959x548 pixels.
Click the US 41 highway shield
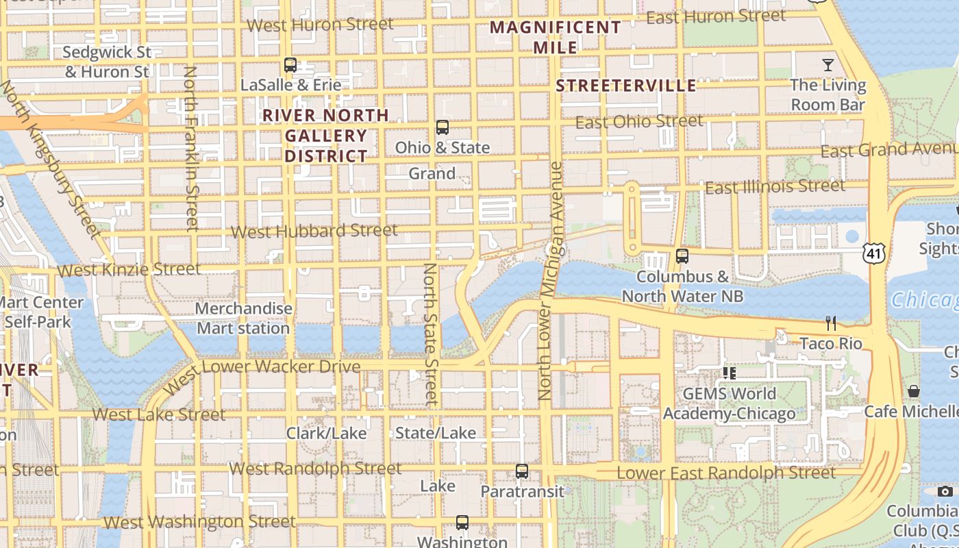[x=873, y=253]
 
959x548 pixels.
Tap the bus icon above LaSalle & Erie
[x=290, y=66]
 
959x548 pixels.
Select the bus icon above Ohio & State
[x=443, y=127]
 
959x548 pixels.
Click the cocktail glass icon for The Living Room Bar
[x=828, y=65]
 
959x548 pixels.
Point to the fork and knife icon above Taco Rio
[x=831, y=323]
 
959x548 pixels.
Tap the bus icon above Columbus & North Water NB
[x=682, y=256]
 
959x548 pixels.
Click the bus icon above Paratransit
[x=522, y=471]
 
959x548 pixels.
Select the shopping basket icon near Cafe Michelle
[x=913, y=391]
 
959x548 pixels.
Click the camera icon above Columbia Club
[x=945, y=491]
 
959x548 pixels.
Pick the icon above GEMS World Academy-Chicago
[x=729, y=373]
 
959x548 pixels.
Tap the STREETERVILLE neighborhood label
[x=625, y=86]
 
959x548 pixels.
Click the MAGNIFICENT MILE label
[x=556, y=37]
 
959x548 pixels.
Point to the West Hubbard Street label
[x=314, y=231]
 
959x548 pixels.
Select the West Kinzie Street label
[x=129, y=270]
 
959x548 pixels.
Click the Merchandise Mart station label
[x=243, y=319]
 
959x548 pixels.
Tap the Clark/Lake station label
[x=326, y=433]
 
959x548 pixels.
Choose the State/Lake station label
[x=436, y=433]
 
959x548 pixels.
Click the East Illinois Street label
[x=775, y=186]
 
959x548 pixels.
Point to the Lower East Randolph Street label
[x=726, y=473]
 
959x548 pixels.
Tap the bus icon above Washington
[x=462, y=523]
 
